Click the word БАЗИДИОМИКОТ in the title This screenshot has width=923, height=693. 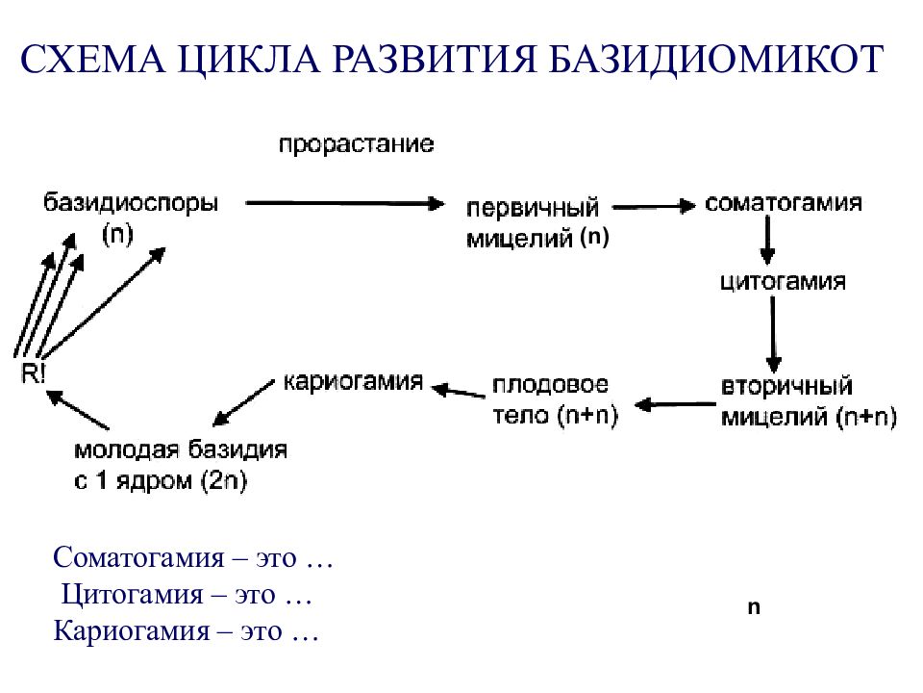(715, 59)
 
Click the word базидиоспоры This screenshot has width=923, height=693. (131, 203)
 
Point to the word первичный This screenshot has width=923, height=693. (532, 208)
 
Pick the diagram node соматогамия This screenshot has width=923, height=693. (784, 203)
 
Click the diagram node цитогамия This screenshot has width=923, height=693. (784, 281)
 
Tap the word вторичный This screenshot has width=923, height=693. (786, 387)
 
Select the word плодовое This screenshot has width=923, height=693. (550, 385)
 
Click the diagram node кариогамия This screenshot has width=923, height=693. (353, 382)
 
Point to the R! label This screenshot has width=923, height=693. (33, 373)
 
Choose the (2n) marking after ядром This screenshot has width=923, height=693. (224, 481)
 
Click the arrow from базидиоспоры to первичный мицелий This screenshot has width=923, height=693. (345, 204)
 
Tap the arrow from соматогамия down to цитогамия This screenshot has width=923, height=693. (767, 240)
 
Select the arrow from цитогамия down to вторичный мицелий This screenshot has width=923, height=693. (773, 334)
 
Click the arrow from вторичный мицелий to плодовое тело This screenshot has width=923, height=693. (675, 404)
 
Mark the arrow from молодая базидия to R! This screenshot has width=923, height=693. (78, 410)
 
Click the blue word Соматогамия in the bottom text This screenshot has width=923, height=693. (138, 557)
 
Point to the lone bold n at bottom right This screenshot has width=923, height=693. (754, 607)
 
